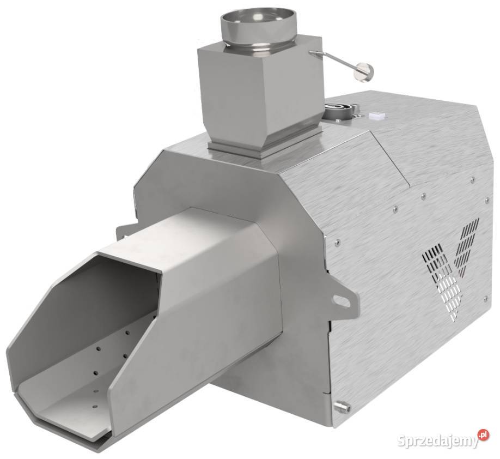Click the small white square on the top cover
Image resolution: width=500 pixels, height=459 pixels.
pyautogui.click(x=376, y=115)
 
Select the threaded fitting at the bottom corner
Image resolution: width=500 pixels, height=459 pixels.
pyautogui.click(x=342, y=406)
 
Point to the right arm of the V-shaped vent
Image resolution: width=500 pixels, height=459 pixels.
pyautogui.click(x=467, y=245)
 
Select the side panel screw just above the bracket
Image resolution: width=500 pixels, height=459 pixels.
pyautogui.click(x=338, y=243)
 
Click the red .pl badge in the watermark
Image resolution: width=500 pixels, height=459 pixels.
pyautogui.click(x=482, y=434)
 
